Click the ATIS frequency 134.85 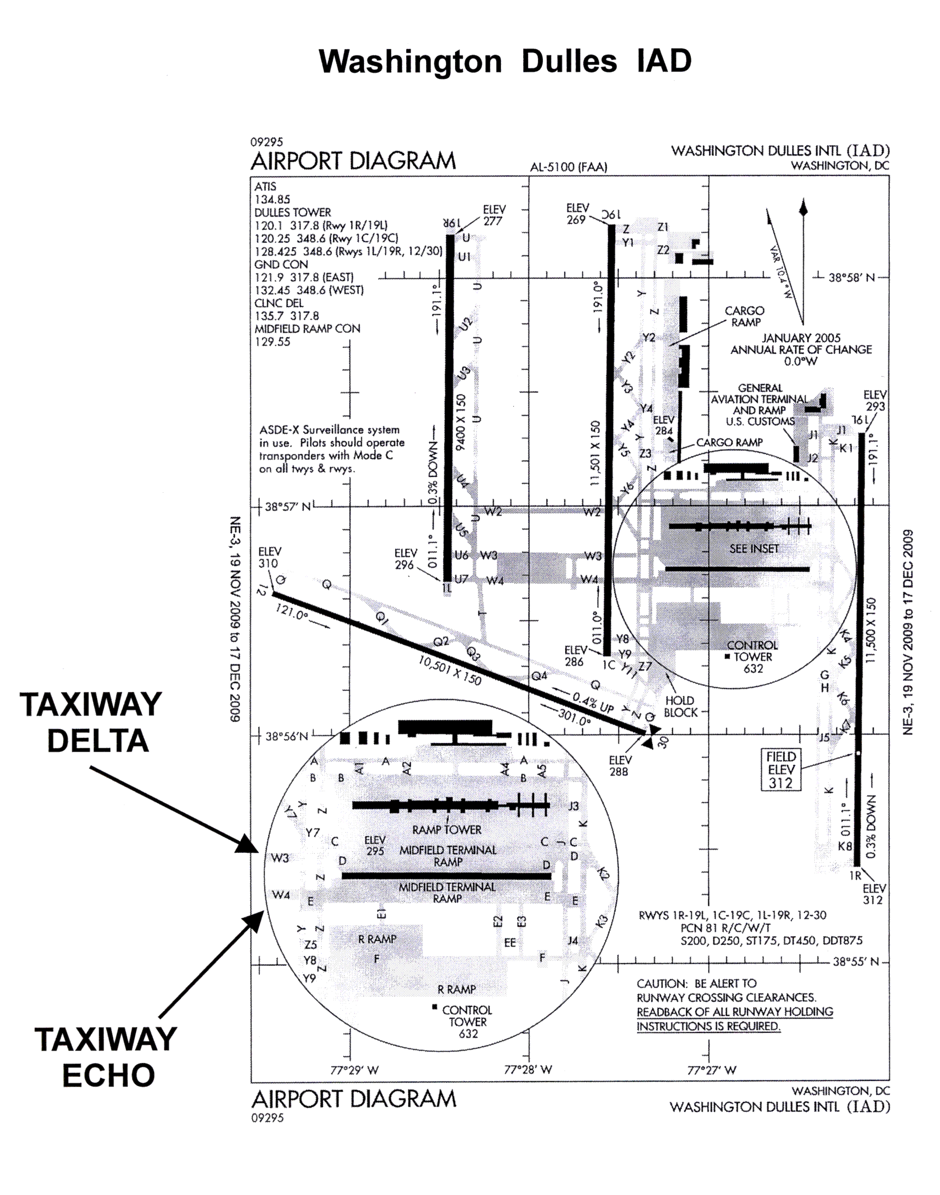click(x=272, y=199)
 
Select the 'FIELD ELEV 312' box click(x=781, y=770)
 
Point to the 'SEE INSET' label click(x=754, y=548)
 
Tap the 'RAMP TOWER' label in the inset click(x=447, y=830)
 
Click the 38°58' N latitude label click(x=851, y=277)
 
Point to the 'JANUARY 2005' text click(x=801, y=338)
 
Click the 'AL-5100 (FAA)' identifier click(x=568, y=167)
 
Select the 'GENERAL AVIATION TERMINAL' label click(x=760, y=393)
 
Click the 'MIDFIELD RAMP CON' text click(x=307, y=329)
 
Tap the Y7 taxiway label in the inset click(x=313, y=833)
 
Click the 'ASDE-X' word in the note click(x=279, y=430)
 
